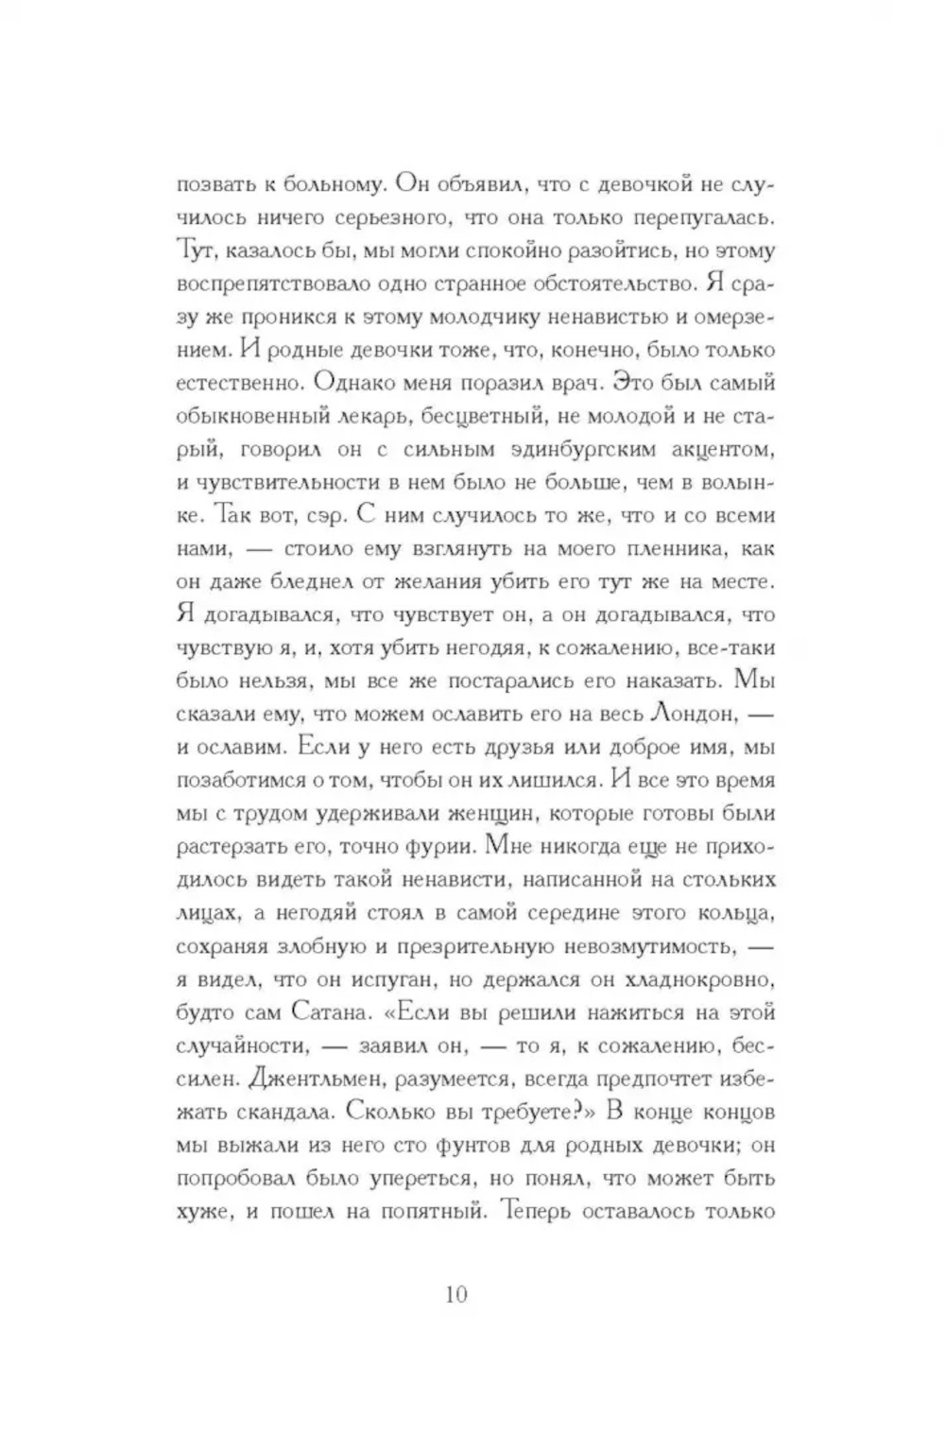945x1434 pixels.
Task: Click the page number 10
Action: [455, 1294]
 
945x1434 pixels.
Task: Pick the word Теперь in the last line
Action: [539, 1211]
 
